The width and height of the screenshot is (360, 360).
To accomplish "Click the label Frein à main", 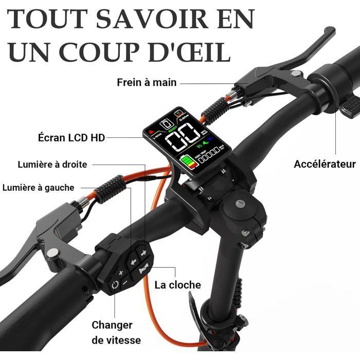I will point(147,82).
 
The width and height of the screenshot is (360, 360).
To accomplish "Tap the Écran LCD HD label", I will point(71,138).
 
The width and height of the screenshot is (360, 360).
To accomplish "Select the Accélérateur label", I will point(325,164).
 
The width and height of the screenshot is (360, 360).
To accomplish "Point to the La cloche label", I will point(178,284).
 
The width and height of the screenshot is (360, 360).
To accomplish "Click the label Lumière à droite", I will point(52,165).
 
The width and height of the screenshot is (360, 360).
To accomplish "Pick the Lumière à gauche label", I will point(39,188).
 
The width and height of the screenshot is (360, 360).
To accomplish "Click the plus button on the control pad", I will point(121,272).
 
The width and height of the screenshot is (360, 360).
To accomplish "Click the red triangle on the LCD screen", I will point(151,132).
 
